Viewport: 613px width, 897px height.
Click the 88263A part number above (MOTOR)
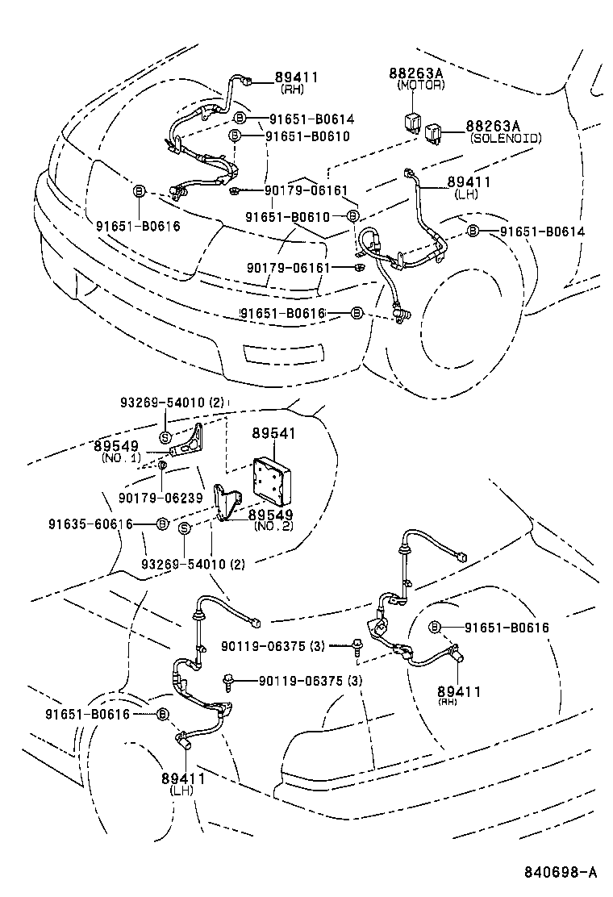click(415, 73)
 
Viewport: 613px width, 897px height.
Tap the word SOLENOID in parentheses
click(506, 139)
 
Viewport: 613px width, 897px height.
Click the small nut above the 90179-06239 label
click(163, 465)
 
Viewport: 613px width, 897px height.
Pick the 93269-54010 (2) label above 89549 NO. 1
click(171, 402)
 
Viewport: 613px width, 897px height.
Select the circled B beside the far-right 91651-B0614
click(473, 232)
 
